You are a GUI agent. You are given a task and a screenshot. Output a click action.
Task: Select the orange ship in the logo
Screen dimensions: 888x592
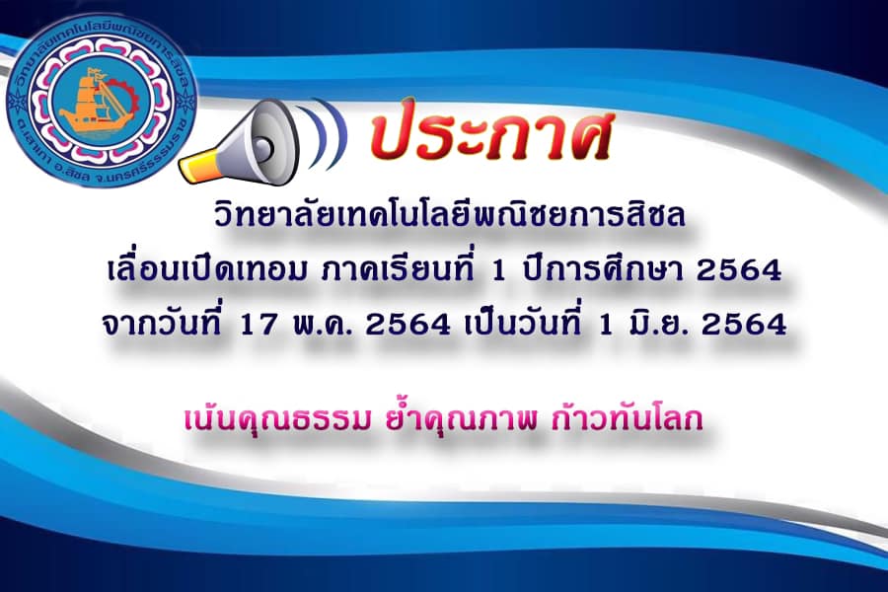[91, 102]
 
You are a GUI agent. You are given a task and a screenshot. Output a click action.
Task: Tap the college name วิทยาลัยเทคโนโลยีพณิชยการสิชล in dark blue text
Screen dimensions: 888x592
[449, 215]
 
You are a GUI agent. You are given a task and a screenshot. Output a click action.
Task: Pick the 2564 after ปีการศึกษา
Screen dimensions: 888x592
[739, 270]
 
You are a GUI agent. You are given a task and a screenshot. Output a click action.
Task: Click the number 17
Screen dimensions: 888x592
[259, 325]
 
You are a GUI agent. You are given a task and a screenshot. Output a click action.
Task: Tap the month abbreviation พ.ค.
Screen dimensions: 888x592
[323, 325]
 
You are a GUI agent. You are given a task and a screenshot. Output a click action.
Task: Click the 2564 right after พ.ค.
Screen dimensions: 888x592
[408, 325]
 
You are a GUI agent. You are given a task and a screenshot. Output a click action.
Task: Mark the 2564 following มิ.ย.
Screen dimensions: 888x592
[744, 325]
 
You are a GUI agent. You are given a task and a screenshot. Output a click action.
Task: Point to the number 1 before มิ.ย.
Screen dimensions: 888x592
[606, 325]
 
